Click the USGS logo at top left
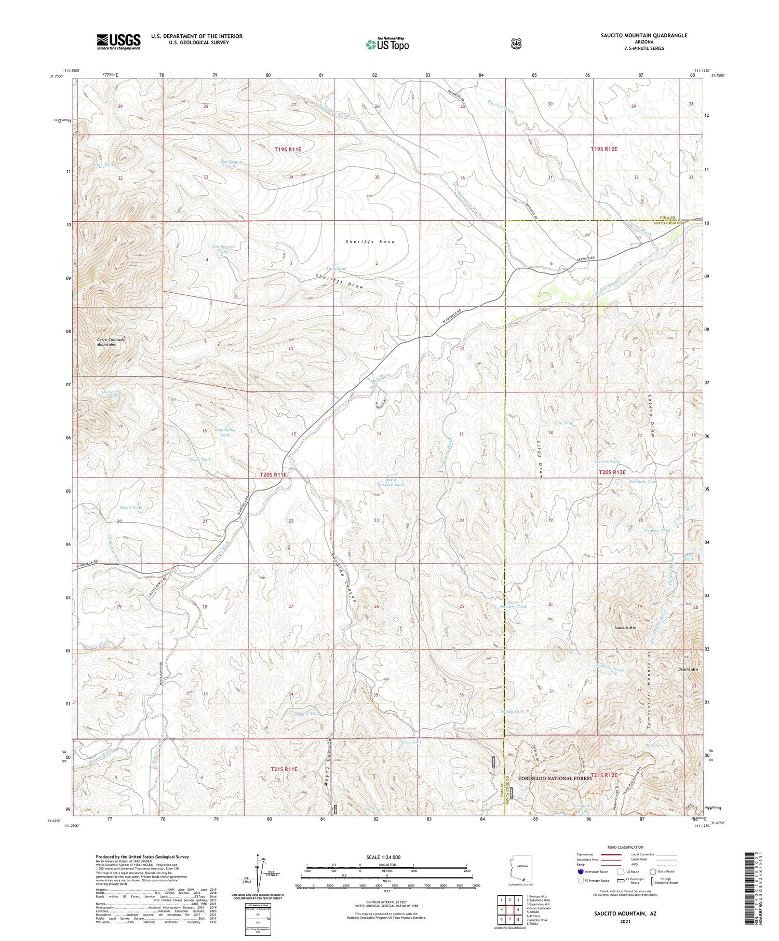[x=118, y=42]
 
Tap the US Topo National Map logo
[x=387, y=44]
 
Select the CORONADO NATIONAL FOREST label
[x=555, y=778]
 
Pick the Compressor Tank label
[x=224, y=249]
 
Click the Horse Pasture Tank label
[x=391, y=482]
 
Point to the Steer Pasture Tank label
[x=513, y=604]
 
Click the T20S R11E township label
[x=273, y=474]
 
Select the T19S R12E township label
[x=604, y=149]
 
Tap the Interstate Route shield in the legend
[x=580, y=872]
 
